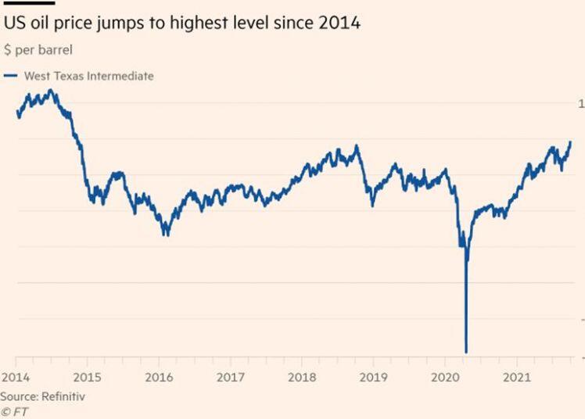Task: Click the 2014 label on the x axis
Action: click(16, 378)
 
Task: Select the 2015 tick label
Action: click(88, 378)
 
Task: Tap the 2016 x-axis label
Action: click(159, 378)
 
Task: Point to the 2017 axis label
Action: click(231, 378)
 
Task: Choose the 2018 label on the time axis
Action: click(302, 378)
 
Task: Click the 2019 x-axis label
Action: click(374, 378)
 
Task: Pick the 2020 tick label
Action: click(445, 378)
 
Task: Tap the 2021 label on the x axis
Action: click(517, 378)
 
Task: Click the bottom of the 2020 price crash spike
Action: click(466, 352)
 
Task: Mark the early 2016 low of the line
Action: click(166, 235)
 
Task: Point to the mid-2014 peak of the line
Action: click(51, 90)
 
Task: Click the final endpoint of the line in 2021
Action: click(570, 142)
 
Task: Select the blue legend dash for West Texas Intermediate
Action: click(10, 76)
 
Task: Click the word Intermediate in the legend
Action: click(120, 76)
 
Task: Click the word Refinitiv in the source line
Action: click(63, 396)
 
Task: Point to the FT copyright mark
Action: click(15, 412)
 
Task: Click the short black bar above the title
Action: click(29, 3)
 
